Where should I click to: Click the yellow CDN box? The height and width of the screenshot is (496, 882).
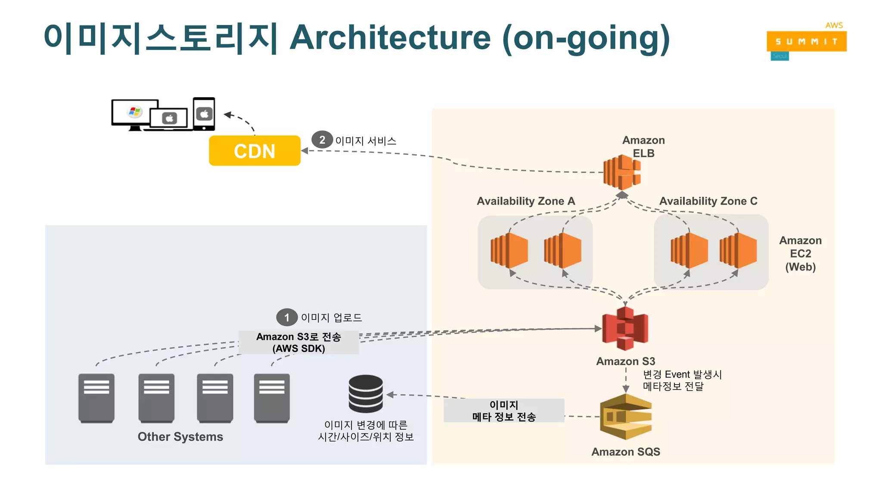pos(255,151)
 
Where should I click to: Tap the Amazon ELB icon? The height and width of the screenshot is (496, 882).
pos(622,172)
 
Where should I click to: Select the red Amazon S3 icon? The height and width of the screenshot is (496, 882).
pos(625,329)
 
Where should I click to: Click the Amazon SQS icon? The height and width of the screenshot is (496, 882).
pos(626,417)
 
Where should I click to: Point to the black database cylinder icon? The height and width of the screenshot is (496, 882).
pos(366,394)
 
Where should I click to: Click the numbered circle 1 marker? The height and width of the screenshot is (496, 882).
pos(286,318)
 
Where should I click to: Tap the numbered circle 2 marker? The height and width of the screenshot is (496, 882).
pos(322,140)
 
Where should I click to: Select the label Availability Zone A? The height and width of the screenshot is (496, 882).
pos(526,201)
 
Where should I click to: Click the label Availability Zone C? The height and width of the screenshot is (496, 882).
pos(708,201)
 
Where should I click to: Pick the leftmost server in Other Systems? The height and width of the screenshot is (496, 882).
pos(96,398)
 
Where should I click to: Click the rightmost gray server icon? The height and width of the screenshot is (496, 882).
pos(272,398)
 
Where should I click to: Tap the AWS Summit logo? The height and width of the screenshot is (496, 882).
pos(806,41)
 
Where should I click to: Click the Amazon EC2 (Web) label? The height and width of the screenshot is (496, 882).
pos(800,254)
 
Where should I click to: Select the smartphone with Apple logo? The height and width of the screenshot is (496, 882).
pos(204,114)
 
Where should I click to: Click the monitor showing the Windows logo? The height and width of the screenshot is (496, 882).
pos(135,113)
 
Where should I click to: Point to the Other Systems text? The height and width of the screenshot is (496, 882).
pos(180,437)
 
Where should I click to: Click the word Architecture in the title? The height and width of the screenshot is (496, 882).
pos(390,38)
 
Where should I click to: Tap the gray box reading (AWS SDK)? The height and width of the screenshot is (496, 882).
pos(298,343)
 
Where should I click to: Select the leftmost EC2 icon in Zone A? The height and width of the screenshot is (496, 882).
pos(509,251)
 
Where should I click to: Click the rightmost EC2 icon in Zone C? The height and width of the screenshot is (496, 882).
pos(738,251)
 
